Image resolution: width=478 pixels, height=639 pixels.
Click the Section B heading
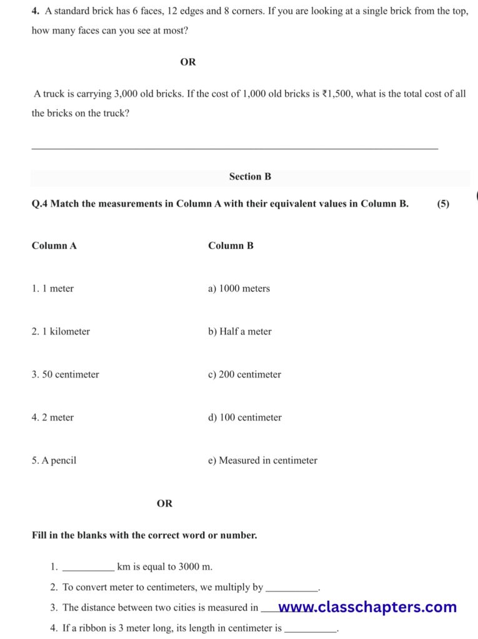coord(250,177)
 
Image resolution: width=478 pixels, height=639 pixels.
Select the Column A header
coord(54,246)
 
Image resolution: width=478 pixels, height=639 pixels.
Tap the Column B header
coord(231,246)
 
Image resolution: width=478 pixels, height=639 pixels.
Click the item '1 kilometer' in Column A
coord(61,331)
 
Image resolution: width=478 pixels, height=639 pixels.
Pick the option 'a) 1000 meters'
coord(239,288)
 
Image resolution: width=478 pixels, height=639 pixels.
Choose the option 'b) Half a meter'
coord(239,331)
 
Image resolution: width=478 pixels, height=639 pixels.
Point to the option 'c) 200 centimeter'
coord(244,374)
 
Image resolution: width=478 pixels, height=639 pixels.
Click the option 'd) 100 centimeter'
coord(244,417)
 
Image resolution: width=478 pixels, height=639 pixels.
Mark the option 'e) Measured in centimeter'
coord(262,461)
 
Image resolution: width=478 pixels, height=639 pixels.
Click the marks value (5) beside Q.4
coord(443,203)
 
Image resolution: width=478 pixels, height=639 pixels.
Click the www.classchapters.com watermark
coord(367,607)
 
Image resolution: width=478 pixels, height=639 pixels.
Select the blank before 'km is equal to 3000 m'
coord(89,568)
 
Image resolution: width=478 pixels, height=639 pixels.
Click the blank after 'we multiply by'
coord(292,588)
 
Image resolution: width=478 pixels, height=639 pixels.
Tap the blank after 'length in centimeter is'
coord(311,629)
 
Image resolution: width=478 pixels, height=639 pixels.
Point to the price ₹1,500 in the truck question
coord(338,94)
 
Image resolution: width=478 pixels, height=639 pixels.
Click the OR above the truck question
coord(188,62)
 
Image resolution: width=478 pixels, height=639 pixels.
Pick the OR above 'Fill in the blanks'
coord(165,503)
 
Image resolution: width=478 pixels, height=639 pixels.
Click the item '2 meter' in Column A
coord(52,417)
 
